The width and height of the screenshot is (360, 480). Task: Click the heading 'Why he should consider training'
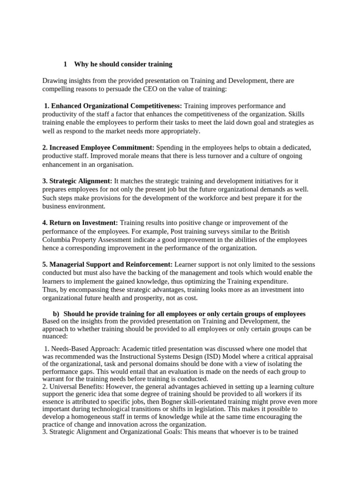(123, 64)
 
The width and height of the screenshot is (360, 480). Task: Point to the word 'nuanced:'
(55, 336)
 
